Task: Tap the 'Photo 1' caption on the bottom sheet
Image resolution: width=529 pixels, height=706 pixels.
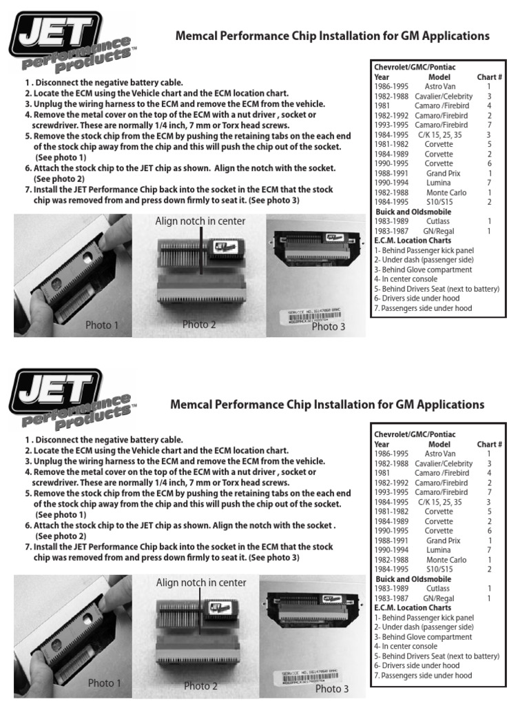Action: [105, 683]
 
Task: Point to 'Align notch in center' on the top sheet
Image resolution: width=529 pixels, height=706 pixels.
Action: [200, 221]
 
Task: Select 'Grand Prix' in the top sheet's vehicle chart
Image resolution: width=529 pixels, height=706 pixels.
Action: [443, 174]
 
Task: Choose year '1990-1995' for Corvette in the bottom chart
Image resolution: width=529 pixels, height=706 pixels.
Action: [391, 531]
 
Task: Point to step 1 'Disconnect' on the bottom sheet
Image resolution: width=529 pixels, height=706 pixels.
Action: [104, 439]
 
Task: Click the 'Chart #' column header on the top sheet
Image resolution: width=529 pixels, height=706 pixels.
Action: [489, 77]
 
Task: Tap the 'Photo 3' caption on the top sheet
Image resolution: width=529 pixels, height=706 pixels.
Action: [329, 326]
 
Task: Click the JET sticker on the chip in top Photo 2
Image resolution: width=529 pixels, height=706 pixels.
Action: [221, 245]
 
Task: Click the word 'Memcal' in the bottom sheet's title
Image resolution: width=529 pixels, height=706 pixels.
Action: [192, 404]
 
